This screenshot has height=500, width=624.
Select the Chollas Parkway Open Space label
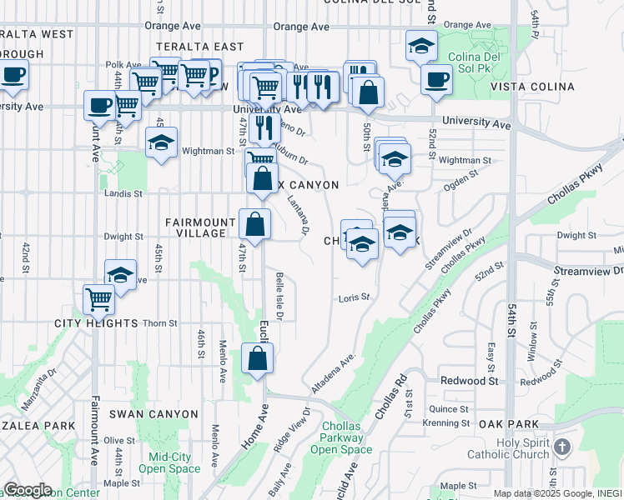pyautogui.click(x=342, y=437)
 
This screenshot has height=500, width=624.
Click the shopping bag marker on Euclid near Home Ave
pyautogui.click(x=258, y=358)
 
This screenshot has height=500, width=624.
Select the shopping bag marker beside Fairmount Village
pyautogui.click(x=254, y=223)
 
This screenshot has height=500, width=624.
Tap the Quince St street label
pyautogui.click(x=449, y=409)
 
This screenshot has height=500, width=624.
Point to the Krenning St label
pyautogui.click(x=445, y=423)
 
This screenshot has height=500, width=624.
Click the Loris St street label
pyautogui.click(x=353, y=297)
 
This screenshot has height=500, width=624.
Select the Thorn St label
pyautogui.click(x=160, y=323)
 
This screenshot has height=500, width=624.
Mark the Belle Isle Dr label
pyautogui.click(x=279, y=296)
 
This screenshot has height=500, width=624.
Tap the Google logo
pyautogui.click(x=27, y=490)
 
